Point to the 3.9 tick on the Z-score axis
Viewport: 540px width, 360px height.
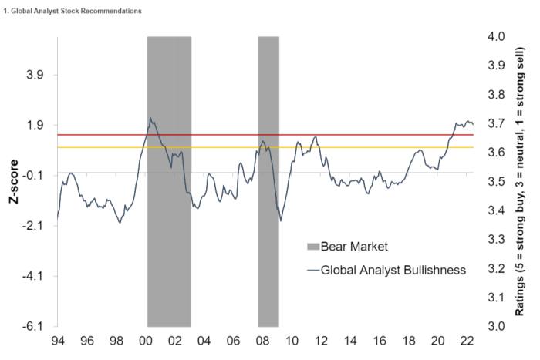coord(37,75)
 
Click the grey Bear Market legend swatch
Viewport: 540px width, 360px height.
coord(312,247)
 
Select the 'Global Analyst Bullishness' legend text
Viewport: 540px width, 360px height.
coord(393,270)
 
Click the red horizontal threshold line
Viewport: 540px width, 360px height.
coord(347,135)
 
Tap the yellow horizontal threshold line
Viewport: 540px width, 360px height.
coord(347,146)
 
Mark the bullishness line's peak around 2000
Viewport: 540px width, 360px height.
coord(150,118)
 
